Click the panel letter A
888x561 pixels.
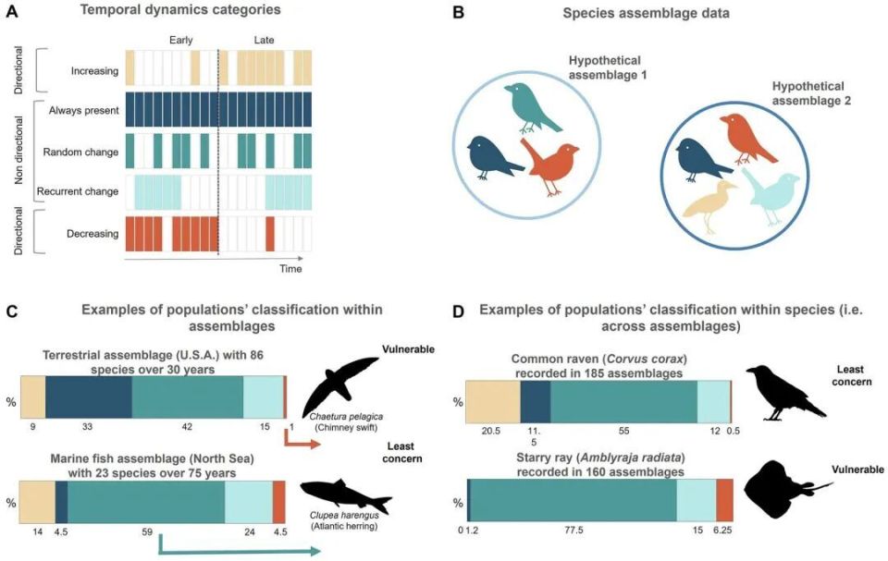11,11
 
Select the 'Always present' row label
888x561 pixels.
84,110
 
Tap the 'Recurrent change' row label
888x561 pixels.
78,191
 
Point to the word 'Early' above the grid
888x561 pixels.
180,40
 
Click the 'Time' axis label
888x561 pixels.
290,268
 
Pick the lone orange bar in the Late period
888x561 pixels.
270,234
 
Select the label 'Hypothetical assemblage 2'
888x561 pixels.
811,93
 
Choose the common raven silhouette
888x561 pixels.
785,393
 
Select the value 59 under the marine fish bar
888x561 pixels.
147,531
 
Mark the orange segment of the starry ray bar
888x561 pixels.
724,500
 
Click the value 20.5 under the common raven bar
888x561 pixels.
490,431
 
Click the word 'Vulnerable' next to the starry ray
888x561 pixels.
857,470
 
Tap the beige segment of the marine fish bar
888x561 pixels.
37,502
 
